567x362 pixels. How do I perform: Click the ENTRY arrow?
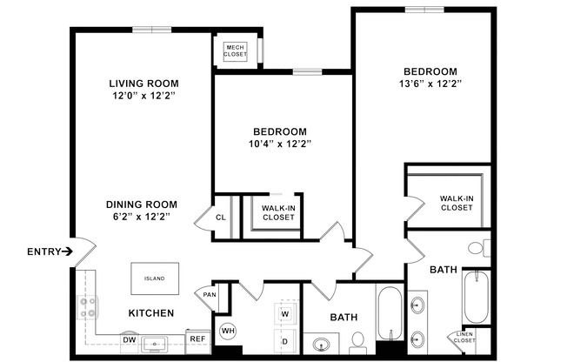tap(68, 251)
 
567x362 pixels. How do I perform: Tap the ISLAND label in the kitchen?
tap(155, 278)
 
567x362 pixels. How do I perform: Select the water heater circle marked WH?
tap(228, 331)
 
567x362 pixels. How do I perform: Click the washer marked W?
tap(285, 313)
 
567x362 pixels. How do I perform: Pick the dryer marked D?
tap(285, 341)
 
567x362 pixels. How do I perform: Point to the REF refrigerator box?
tap(197, 341)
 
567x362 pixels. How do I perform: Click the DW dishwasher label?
tap(130, 339)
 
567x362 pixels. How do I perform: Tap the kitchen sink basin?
tap(155, 344)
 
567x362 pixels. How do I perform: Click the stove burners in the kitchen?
tap(88, 307)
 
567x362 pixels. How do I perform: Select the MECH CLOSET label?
tap(235, 50)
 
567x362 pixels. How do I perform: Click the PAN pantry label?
tap(210, 295)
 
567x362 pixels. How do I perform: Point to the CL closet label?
tap(221, 218)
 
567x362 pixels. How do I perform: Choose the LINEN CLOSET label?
tap(464, 338)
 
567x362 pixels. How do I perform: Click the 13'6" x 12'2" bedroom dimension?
tap(430, 84)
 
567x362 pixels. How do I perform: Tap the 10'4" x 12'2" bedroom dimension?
tap(280, 144)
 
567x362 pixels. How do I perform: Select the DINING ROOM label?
tap(142, 204)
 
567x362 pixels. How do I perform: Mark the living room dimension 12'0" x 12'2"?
tap(143, 96)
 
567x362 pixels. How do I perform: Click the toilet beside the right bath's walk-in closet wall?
tap(479, 248)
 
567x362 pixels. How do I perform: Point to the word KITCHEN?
tap(151, 313)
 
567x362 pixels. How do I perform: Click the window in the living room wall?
tap(151, 30)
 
